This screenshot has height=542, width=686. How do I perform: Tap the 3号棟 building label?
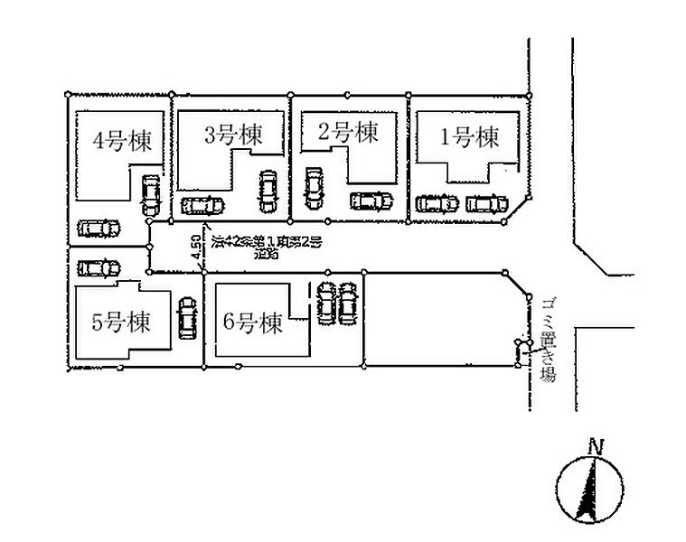point(233,135)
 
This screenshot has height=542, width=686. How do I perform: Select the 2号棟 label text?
point(348,133)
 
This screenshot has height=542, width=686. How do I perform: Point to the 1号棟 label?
point(469,137)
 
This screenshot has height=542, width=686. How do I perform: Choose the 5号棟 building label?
point(120,322)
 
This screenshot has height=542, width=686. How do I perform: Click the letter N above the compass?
point(594,445)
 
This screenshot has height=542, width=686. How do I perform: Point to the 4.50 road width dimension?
point(195,249)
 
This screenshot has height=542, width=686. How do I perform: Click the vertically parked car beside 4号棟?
point(150,193)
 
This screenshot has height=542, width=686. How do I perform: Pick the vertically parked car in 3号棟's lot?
point(267,192)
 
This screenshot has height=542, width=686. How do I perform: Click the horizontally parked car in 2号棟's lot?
point(371,201)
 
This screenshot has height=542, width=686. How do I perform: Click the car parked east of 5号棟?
point(188,317)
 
